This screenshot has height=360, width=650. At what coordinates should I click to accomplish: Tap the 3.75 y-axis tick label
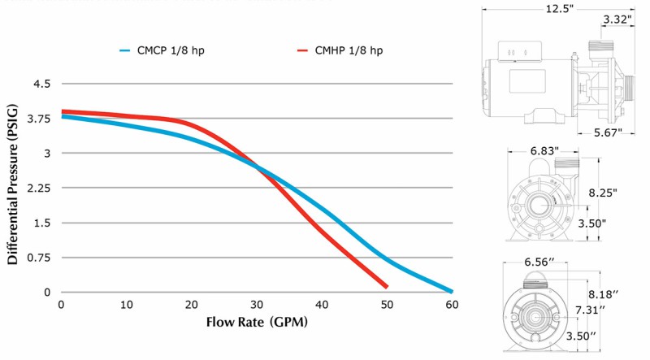37,119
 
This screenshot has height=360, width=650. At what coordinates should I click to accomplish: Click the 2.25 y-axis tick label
37,188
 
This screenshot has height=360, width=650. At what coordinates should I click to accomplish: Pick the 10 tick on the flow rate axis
126,306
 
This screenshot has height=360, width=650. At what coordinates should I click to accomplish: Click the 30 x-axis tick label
257,306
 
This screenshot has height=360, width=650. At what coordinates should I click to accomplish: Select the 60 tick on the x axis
452,306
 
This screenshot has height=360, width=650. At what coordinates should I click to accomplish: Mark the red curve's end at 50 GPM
386,286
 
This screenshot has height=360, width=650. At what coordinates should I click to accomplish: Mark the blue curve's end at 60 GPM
451,291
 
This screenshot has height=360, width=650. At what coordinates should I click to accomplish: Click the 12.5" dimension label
561,10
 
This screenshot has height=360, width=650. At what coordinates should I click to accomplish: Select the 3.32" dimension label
619,19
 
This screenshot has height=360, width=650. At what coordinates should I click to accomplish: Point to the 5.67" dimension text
606,132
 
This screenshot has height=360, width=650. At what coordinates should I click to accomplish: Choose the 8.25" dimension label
601,193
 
